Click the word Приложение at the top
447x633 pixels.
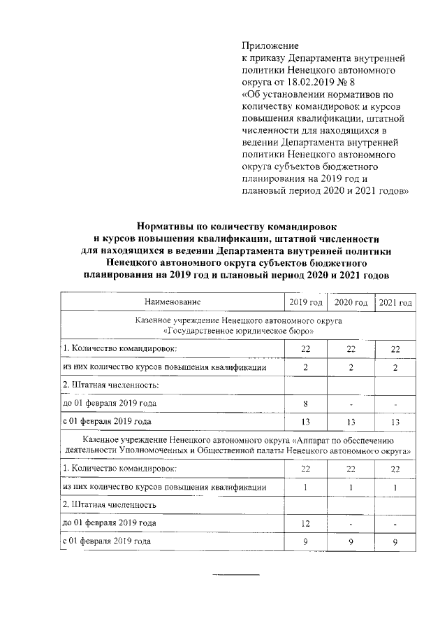[270, 45]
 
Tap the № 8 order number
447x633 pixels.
[346, 83]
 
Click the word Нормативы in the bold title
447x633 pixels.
[168, 227]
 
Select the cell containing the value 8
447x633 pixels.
[305, 404]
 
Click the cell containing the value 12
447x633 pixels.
[305, 522]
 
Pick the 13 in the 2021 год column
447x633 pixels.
[395, 422]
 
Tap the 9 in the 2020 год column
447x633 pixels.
[351, 541]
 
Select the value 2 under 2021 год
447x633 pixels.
[395, 367]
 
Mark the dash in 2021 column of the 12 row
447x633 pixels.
[395, 523]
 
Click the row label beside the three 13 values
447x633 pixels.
[109, 422]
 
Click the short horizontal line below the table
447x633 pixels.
[235, 574]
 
